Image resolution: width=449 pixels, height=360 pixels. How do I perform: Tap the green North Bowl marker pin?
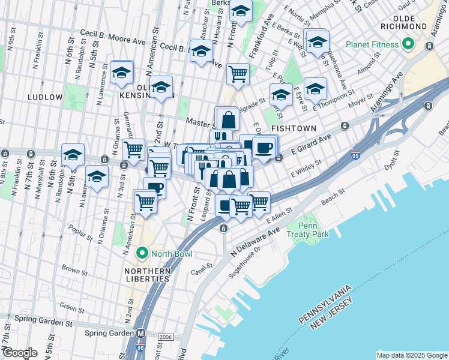pyautogui.click(x=142, y=254)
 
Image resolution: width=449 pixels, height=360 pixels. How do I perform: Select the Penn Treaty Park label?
pyautogui.click(x=308, y=229)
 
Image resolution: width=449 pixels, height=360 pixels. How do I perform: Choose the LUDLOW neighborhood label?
pyautogui.click(x=44, y=97)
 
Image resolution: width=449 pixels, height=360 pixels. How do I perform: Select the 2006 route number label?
pyautogui.click(x=166, y=338)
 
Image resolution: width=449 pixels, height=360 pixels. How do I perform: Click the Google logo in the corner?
pyautogui.click(x=19, y=353)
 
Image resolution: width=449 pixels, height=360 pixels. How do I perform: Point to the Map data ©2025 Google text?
pyautogui.click(x=412, y=355)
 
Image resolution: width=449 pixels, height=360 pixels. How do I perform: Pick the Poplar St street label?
pyautogui.click(x=80, y=234)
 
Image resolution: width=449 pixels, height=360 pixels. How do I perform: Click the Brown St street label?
pyautogui.click(x=74, y=271)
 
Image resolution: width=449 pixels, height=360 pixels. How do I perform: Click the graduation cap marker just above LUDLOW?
pyautogui.click(x=121, y=73)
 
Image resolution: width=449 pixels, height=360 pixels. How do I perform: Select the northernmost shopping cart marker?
pyautogui.click(x=238, y=74)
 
